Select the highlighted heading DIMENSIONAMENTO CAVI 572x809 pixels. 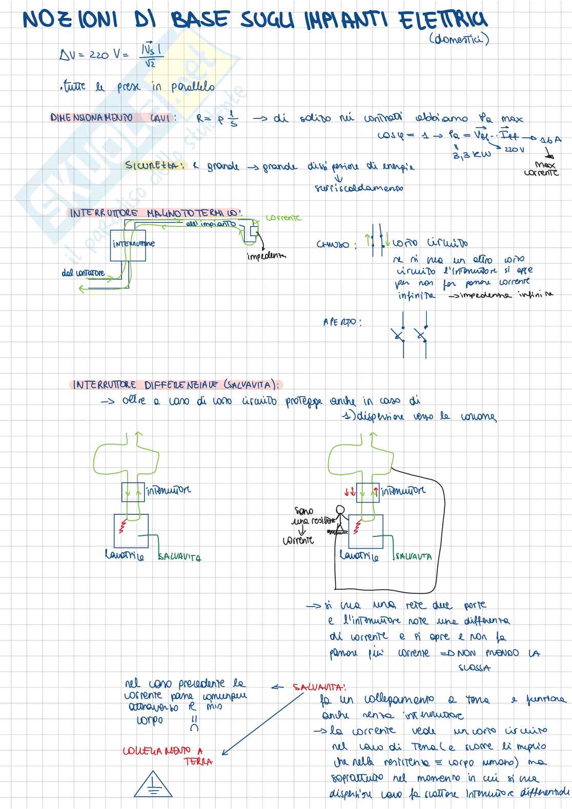pos(113,118)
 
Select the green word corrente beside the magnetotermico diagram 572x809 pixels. pos(283,218)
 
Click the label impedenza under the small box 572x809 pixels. pos(266,256)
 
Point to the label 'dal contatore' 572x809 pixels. pos(83,273)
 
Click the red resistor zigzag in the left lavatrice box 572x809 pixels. pos(122,526)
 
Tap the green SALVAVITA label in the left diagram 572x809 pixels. pos(179,557)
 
